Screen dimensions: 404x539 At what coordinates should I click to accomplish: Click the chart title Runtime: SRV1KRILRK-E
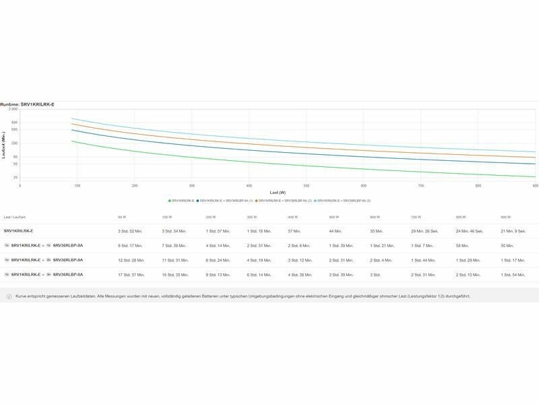pyautogui.click(x=28, y=104)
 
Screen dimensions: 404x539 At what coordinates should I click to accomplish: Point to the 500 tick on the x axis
pyautogui.click(x=307, y=185)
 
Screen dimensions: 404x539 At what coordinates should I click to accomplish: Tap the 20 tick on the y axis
pyautogui.click(x=15, y=177)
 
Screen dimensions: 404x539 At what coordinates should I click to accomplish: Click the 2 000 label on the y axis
pyautogui.click(x=13, y=109)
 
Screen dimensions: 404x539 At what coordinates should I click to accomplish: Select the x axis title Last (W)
pyautogui.click(x=278, y=193)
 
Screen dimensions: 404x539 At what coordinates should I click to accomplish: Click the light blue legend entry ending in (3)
pyautogui.click(x=344, y=201)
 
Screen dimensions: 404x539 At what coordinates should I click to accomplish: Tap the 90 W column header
pyautogui.click(x=121, y=217)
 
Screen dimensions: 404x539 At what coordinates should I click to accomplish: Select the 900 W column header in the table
pyautogui.click(x=505, y=217)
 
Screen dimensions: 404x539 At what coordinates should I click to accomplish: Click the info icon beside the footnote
pyautogui.click(x=9, y=296)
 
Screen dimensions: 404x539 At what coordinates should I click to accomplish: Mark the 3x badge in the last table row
pyautogui.click(x=48, y=275)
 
